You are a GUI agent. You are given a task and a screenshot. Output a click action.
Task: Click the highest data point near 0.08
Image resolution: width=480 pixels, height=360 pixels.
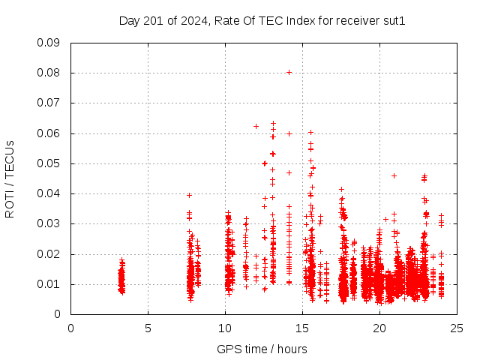289,73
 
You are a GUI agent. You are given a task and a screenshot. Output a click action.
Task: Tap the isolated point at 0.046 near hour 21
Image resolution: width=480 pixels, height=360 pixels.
394,175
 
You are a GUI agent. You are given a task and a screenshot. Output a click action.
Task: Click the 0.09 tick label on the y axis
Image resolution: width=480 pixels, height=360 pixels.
49,43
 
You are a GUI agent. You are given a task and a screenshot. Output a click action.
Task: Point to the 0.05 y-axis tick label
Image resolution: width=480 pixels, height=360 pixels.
49,163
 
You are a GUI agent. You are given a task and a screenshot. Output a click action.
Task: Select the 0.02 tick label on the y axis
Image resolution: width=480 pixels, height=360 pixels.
49,254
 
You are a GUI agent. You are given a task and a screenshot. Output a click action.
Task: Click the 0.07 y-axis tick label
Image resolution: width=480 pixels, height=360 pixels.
49,103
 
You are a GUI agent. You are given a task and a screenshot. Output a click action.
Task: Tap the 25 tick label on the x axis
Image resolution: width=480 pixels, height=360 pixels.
457,328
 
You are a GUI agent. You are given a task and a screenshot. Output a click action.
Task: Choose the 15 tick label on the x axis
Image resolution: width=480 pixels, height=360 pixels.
302,328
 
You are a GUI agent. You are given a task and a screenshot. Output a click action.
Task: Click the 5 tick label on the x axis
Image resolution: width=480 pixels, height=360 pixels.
148,328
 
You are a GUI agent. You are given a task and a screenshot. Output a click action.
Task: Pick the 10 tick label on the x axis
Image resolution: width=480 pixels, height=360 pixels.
225,328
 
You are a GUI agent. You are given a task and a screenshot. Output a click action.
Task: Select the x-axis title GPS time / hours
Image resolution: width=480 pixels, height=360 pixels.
262,349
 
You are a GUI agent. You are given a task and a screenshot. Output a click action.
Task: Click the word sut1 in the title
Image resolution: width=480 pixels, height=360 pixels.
393,20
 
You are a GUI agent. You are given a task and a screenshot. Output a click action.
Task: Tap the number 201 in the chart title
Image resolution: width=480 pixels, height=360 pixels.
156,20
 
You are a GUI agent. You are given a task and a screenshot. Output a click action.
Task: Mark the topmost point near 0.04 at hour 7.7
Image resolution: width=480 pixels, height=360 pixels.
190,195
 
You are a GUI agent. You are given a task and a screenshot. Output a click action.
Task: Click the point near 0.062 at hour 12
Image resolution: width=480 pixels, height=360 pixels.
256,126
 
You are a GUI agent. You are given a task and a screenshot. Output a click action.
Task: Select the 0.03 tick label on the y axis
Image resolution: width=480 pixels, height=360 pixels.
49,223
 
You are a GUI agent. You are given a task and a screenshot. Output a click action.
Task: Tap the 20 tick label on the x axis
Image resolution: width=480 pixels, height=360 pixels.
379,328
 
